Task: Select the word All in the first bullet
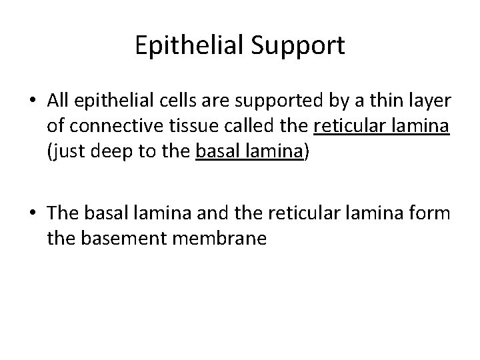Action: click(59, 100)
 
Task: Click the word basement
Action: click(120, 239)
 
